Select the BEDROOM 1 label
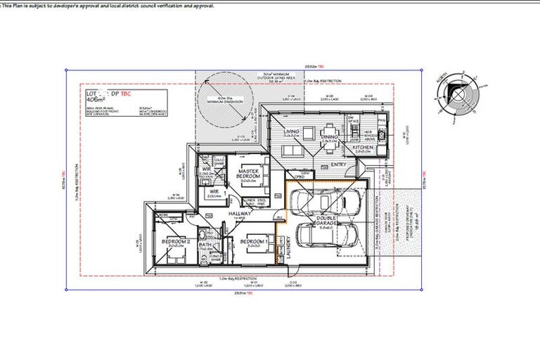pos(252,241)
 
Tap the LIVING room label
pos(292,131)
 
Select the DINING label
pos(329,137)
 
